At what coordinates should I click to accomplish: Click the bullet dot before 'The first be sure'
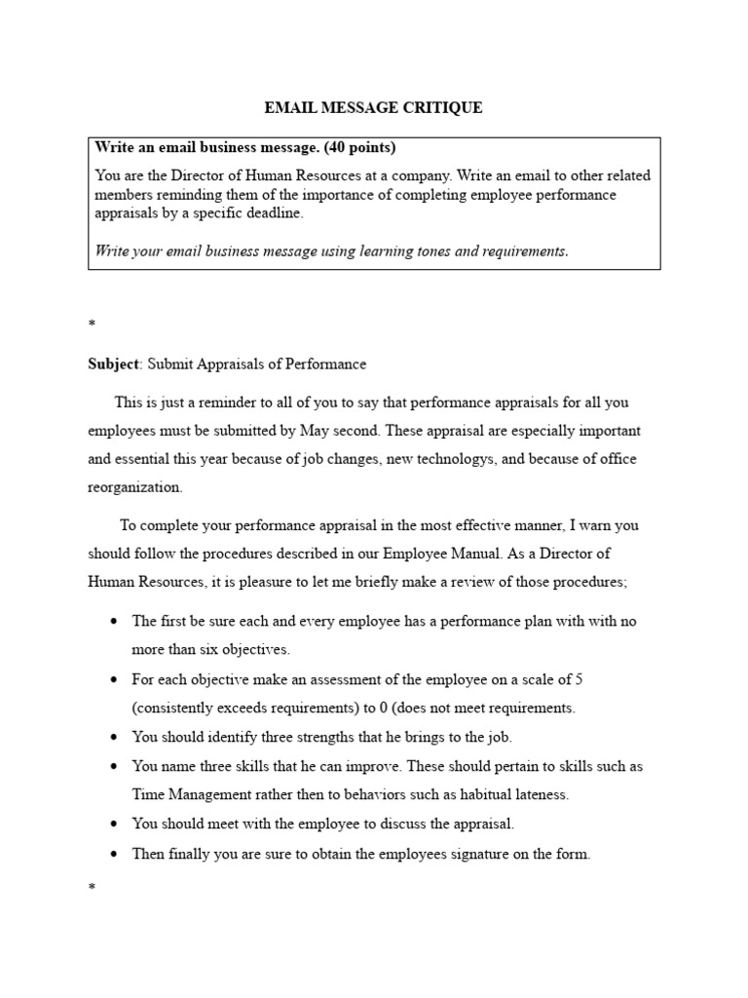[116, 622]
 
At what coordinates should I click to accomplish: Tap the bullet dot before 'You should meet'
[116, 825]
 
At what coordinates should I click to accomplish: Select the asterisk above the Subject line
[91, 321]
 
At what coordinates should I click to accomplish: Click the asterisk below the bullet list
[91, 887]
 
